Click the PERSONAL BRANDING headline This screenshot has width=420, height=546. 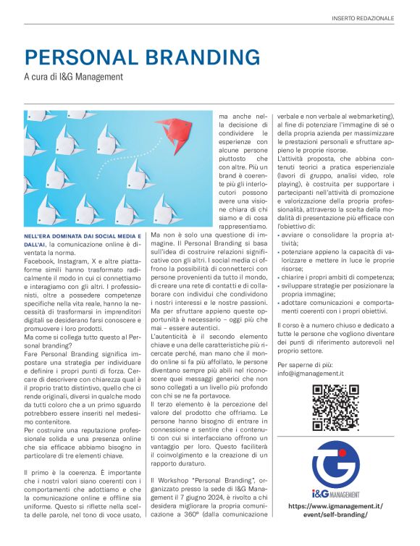coord(142,58)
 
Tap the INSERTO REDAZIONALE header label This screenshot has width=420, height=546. coord(363,17)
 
